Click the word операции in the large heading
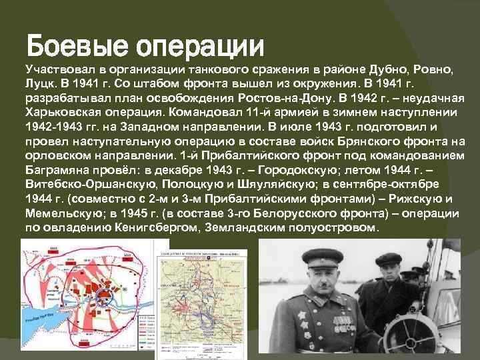pos(200,46)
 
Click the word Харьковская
pos(60,111)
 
